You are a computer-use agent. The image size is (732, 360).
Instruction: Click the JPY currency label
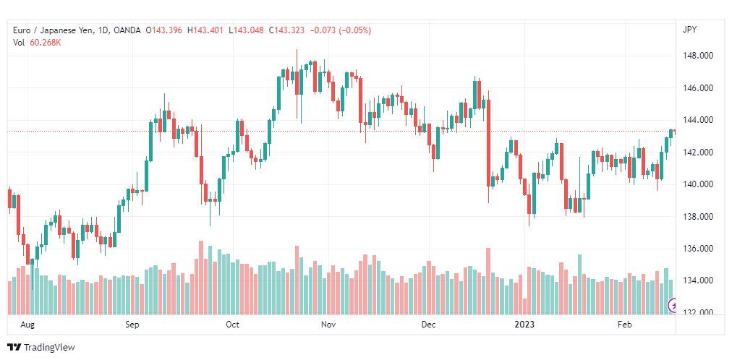tap(689, 30)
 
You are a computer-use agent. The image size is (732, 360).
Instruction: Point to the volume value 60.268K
tap(46, 43)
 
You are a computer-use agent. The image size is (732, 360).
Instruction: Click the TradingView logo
tap(41, 348)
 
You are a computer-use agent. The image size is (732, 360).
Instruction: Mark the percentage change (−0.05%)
tap(355, 30)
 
